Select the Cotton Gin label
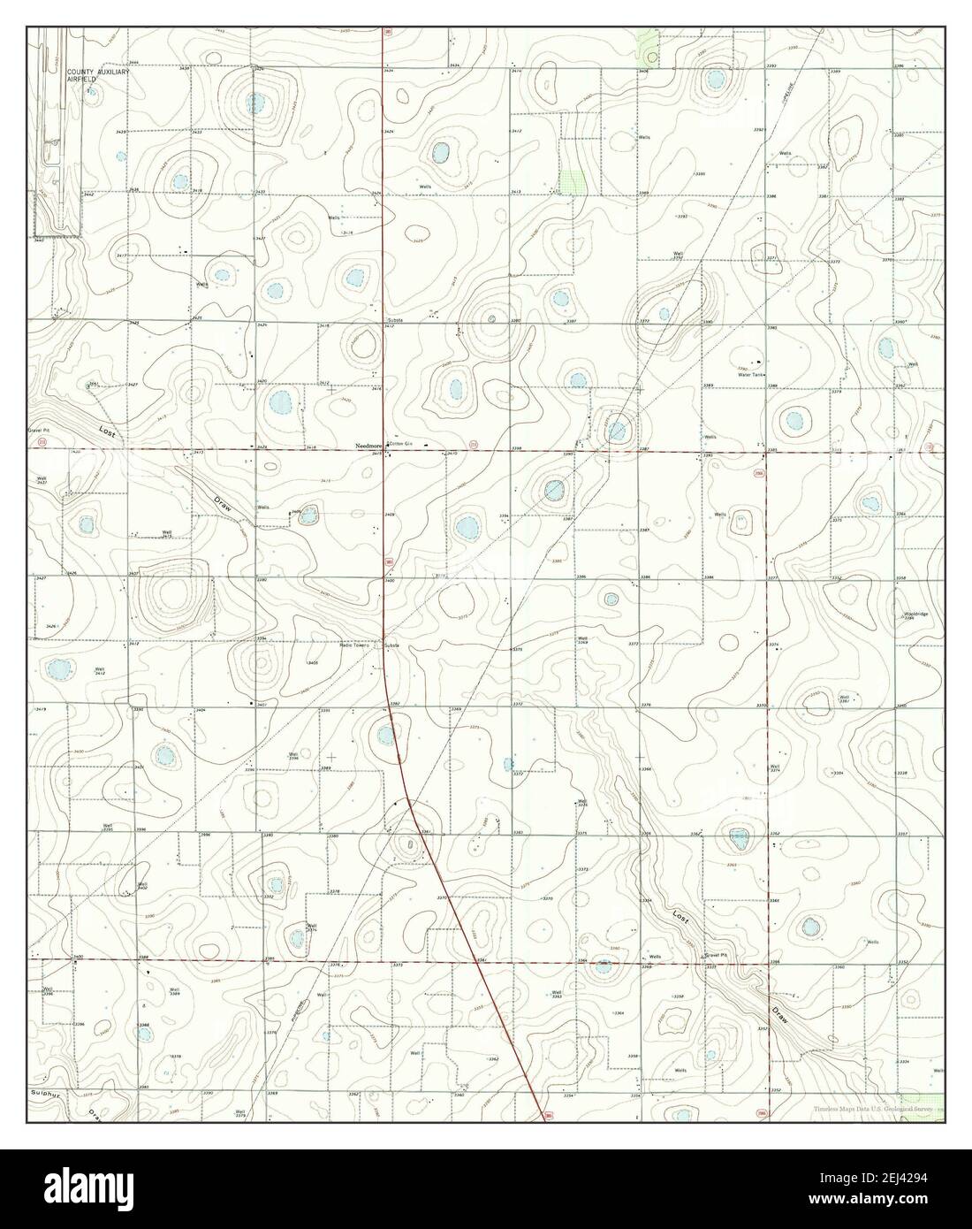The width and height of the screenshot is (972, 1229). tap(401, 445)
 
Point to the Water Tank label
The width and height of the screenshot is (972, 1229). tap(752, 374)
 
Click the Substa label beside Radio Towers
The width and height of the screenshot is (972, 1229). tap(391, 645)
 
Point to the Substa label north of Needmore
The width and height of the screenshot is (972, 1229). tap(396, 320)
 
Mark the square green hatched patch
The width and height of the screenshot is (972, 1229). tap(575, 180)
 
